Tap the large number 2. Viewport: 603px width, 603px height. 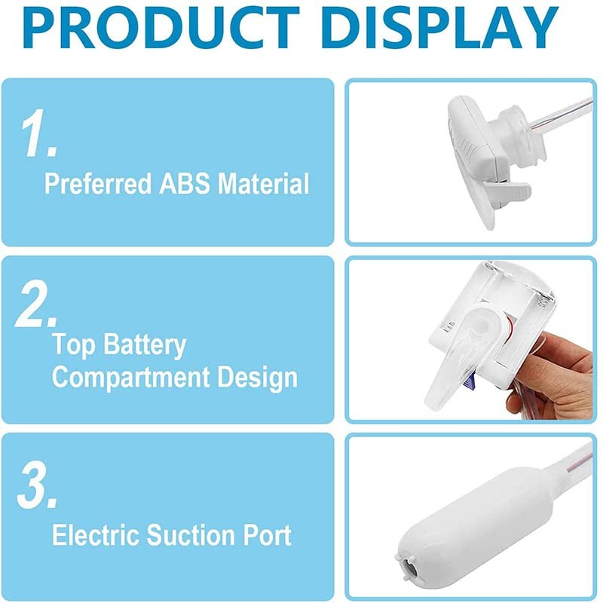[36, 302]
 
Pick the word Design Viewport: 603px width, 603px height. [256, 378]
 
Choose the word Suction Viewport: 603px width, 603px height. [191, 535]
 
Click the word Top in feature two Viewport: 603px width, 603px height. [73, 346]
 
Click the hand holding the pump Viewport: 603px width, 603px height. [554, 384]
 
